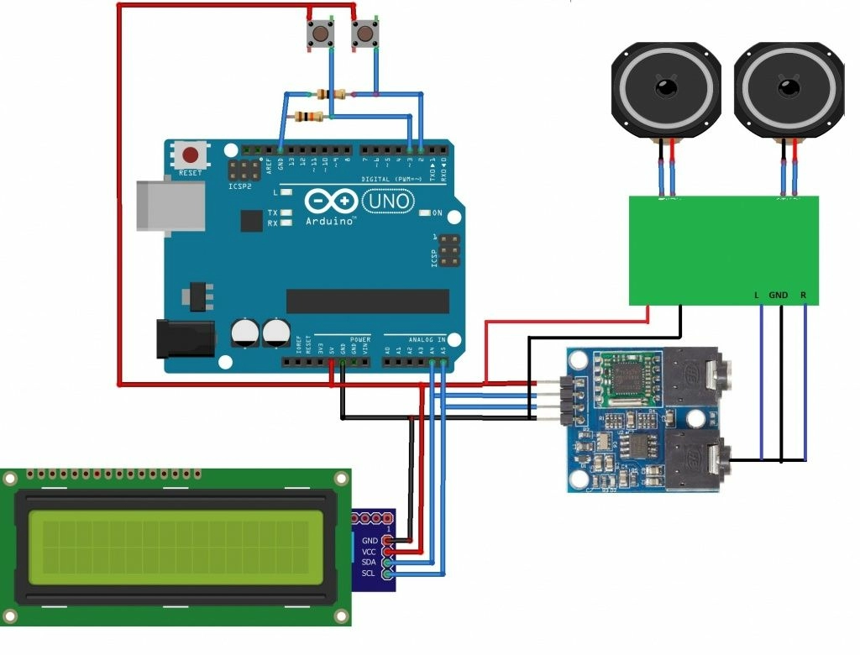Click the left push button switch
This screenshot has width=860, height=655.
pyautogui.click(x=320, y=34)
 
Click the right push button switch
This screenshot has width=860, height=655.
pyautogui.click(x=364, y=34)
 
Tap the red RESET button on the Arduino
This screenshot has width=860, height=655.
pyautogui.click(x=191, y=155)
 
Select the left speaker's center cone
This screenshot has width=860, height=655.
pyautogui.click(x=666, y=87)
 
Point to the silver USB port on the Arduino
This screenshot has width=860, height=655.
pyautogui.click(x=170, y=205)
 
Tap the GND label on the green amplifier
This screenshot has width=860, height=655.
pyautogui.click(x=779, y=296)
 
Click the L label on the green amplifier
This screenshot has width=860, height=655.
pyautogui.click(x=757, y=296)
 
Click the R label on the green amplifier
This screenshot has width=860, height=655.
pyautogui.click(x=804, y=296)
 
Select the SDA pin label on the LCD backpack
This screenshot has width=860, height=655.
pyautogui.click(x=369, y=562)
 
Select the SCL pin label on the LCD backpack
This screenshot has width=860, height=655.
pyautogui.click(x=369, y=573)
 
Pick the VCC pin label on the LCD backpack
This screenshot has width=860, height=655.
pyautogui.click(x=369, y=551)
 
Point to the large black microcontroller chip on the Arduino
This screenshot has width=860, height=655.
pyautogui.click(x=367, y=301)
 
